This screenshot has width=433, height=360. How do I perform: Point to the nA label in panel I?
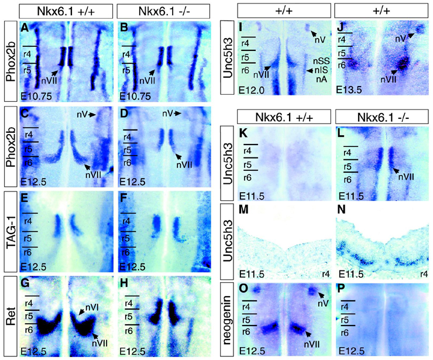[x=321, y=79]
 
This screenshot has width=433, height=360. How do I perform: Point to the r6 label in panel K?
[x=250, y=179]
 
